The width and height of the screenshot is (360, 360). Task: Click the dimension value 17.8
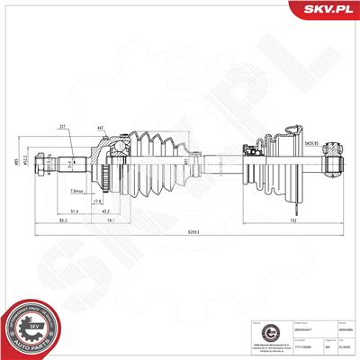121,202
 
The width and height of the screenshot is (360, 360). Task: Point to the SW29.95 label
311,143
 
